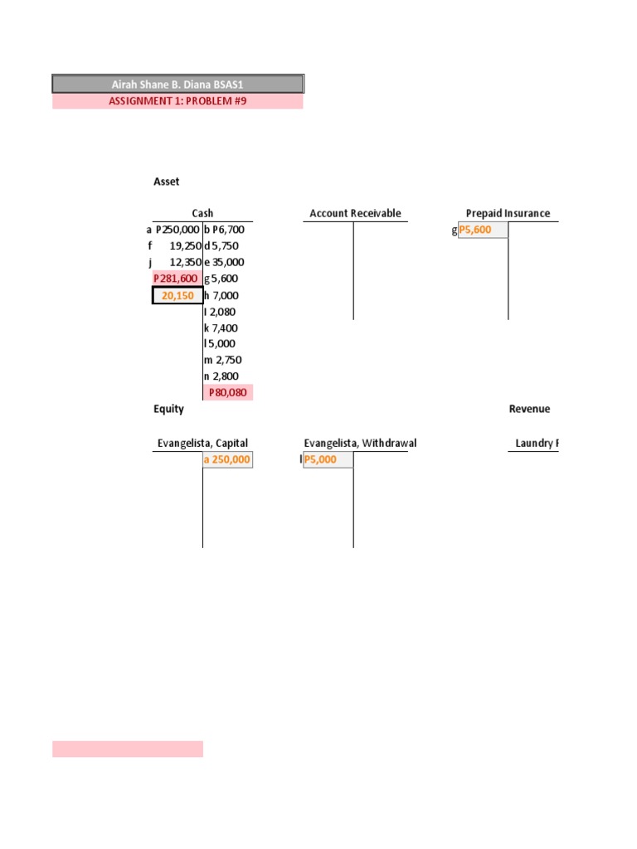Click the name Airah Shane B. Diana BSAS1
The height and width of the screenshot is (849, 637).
[177, 85]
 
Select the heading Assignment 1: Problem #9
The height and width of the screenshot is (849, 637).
[177, 101]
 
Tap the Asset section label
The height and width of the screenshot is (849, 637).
[166, 182]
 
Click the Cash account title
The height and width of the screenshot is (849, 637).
[202, 213]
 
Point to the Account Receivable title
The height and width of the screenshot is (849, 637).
[355, 213]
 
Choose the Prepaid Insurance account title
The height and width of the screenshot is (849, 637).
[508, 213]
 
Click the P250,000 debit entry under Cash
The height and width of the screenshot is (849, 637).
[177, 230]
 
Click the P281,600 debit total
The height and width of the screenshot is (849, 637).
[176, 279]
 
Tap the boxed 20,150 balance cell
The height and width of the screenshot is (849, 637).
[177, 296]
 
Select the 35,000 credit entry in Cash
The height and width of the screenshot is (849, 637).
[227, 262]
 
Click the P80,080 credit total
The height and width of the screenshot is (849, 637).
[228, 392]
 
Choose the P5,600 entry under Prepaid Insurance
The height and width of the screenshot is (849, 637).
[482, 230]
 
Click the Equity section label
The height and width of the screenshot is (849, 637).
[168, 409]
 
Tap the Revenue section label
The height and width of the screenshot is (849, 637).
[529, 409]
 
